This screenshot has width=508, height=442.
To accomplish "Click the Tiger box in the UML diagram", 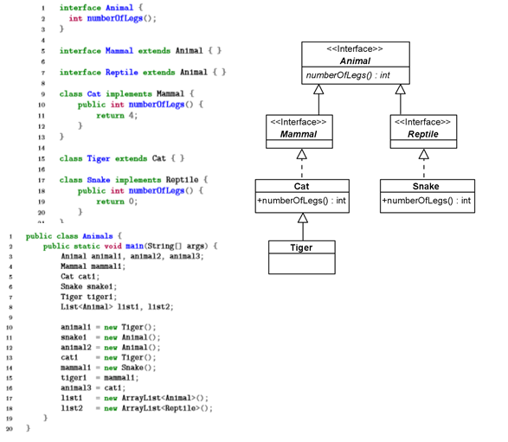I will tap(302, 254).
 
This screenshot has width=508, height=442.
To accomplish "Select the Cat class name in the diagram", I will tap(302, 185).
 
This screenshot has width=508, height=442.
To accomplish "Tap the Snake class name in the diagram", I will tap(427, 185).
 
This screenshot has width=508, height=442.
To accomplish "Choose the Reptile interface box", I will tap(423, 129).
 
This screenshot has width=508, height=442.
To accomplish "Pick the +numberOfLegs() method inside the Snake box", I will tap(427, 201).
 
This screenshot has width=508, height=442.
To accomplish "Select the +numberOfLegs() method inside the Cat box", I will tap(302, 201).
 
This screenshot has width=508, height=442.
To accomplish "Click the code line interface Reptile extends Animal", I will tap(143, 72).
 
